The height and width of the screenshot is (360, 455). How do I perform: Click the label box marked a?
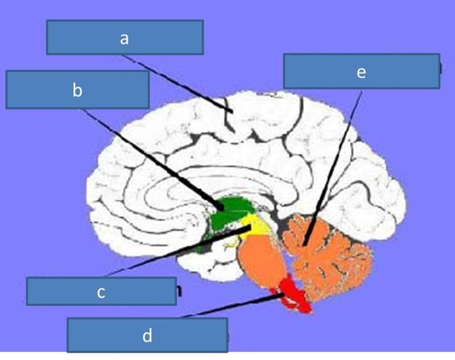pyautogui.click(x=125, y=38)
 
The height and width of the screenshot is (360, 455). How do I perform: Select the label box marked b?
pyautogui.click(x=77, y=89)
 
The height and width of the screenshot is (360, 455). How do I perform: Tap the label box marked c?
pyautogui.click(x=101, y=291)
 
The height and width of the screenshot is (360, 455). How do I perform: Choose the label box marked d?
pyautogui.click(x=147, y=335)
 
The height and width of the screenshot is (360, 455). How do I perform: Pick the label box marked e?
pyautogui.click(x=361, y=71)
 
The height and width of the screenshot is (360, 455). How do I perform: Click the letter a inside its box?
pyautogui.click(x=125, y=38)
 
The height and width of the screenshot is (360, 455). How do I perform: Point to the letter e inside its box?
pyautogui.click(x=361, y=72)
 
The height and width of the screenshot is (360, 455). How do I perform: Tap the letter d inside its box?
pyautogui.click(x=147, y=336)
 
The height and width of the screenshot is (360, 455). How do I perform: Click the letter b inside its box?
pyautogui.click(x=77, y=90)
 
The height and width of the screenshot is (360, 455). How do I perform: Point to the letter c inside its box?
pyautogui.click(x=101, y=292)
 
